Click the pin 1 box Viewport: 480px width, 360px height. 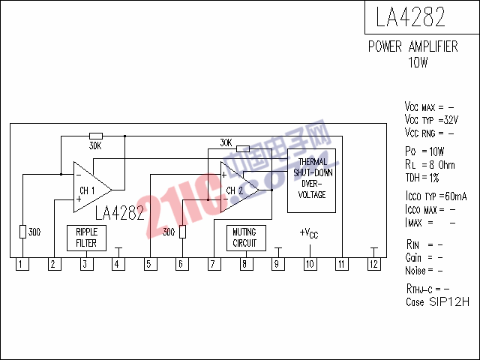22,264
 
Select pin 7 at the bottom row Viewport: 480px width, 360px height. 214,264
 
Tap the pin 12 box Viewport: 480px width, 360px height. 374,264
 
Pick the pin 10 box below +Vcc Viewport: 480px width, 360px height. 310,264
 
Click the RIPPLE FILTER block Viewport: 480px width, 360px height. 87,238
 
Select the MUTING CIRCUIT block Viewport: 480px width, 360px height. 246,238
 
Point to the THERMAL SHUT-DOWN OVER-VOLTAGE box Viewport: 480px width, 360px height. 312,181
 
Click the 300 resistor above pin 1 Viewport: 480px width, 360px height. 23,232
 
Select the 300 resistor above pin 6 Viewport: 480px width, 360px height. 182,232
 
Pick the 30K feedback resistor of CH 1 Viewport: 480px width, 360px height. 96,136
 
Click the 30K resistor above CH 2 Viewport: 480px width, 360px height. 243,149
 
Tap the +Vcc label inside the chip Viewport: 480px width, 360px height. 309,233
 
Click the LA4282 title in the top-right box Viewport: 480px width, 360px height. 410,16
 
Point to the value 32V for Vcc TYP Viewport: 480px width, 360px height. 451,120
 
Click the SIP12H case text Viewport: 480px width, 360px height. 449,301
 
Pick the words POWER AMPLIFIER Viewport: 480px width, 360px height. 413,46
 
